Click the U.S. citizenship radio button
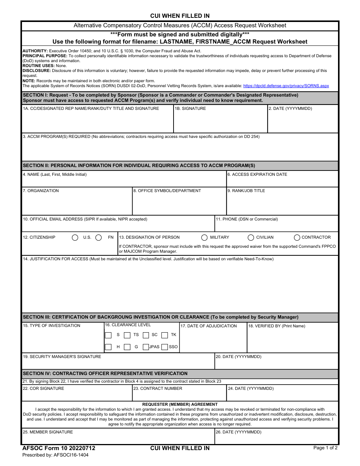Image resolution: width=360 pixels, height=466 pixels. click(x=75, y=238)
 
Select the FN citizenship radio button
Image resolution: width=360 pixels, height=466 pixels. click(x=99, y=238)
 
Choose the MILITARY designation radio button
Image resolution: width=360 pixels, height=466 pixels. click(x=205, y=238)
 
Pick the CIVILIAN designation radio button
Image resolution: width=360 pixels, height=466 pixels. click(x=251, y=238)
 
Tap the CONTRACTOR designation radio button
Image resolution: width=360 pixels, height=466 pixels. click(x=297, y=238)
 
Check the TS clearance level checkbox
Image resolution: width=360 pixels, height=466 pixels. click(x=127, y=335)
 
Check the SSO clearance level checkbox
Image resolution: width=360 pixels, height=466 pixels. click(x=164, y=347)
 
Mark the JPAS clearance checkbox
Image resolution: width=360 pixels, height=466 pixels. click(x=146, y=347)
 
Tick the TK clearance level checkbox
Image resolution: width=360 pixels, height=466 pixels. click(x=164, y=335)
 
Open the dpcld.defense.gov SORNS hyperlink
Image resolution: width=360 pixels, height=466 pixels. click(x=286, y=86)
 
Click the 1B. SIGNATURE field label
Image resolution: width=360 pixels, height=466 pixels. click(x=190, y=109)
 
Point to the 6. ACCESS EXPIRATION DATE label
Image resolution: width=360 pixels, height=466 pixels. click(x=257, y=175)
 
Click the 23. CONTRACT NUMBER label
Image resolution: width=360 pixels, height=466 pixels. click(x=158, y=388)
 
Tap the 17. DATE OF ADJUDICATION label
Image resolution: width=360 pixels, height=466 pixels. click(x=208, y=326)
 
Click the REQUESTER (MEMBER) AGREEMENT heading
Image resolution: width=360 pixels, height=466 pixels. click(x=180, y=404)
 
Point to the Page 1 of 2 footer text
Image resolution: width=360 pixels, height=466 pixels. click(x=325, y=448)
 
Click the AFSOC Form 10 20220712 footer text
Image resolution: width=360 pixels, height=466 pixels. click(x=59, y=448)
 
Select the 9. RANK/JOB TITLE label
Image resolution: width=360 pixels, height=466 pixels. click(x=246, y=191)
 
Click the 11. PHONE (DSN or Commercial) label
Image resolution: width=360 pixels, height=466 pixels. click(x=247, y=219)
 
